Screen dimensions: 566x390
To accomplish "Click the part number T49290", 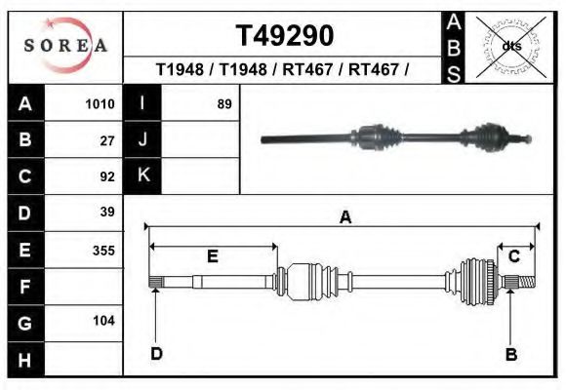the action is click(285, 36).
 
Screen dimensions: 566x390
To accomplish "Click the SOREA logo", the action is click(65, 45).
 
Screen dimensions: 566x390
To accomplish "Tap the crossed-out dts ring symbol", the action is click(510, 47).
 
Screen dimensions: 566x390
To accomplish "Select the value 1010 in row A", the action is click(100, 104).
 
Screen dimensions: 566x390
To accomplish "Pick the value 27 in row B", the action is click(107, 140).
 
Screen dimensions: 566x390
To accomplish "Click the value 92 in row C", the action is click(107, 176).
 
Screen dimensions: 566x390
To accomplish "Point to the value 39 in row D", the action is click(107, 212).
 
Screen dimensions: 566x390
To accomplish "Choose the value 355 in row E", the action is click(103, 251).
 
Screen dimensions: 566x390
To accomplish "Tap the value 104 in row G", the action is click(103, 321).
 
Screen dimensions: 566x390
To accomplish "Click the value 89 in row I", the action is click(224, 104).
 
